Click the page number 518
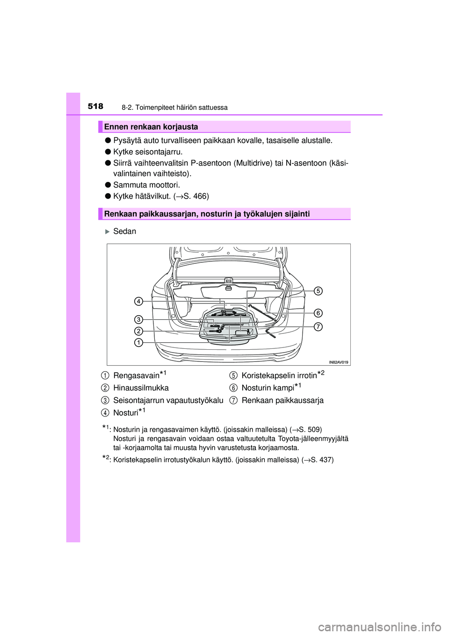tap(95, 107)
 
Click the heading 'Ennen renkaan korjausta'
tap(151, 127)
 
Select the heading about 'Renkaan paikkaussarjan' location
tap(207, 214)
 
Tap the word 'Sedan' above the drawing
tap(124, 231)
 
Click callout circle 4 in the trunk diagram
tap(138, 301)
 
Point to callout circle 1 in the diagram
tap(138, 343)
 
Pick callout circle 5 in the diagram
tap(318, 291)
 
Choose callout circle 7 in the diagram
tap(318, 326)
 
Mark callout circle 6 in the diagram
tap(318, 313)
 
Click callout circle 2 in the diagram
tap(138, 331)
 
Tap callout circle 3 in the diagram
tap(138, 319)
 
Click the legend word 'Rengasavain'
tap(136, 376)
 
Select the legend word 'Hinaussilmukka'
tap(141, 388)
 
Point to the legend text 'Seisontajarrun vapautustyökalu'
tap(168, 400)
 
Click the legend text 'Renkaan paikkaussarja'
tap(282, 400)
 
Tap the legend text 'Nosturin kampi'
tap(268, 388)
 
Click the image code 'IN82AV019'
tap(338, 362)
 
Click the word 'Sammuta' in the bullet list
tap(128, 185)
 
